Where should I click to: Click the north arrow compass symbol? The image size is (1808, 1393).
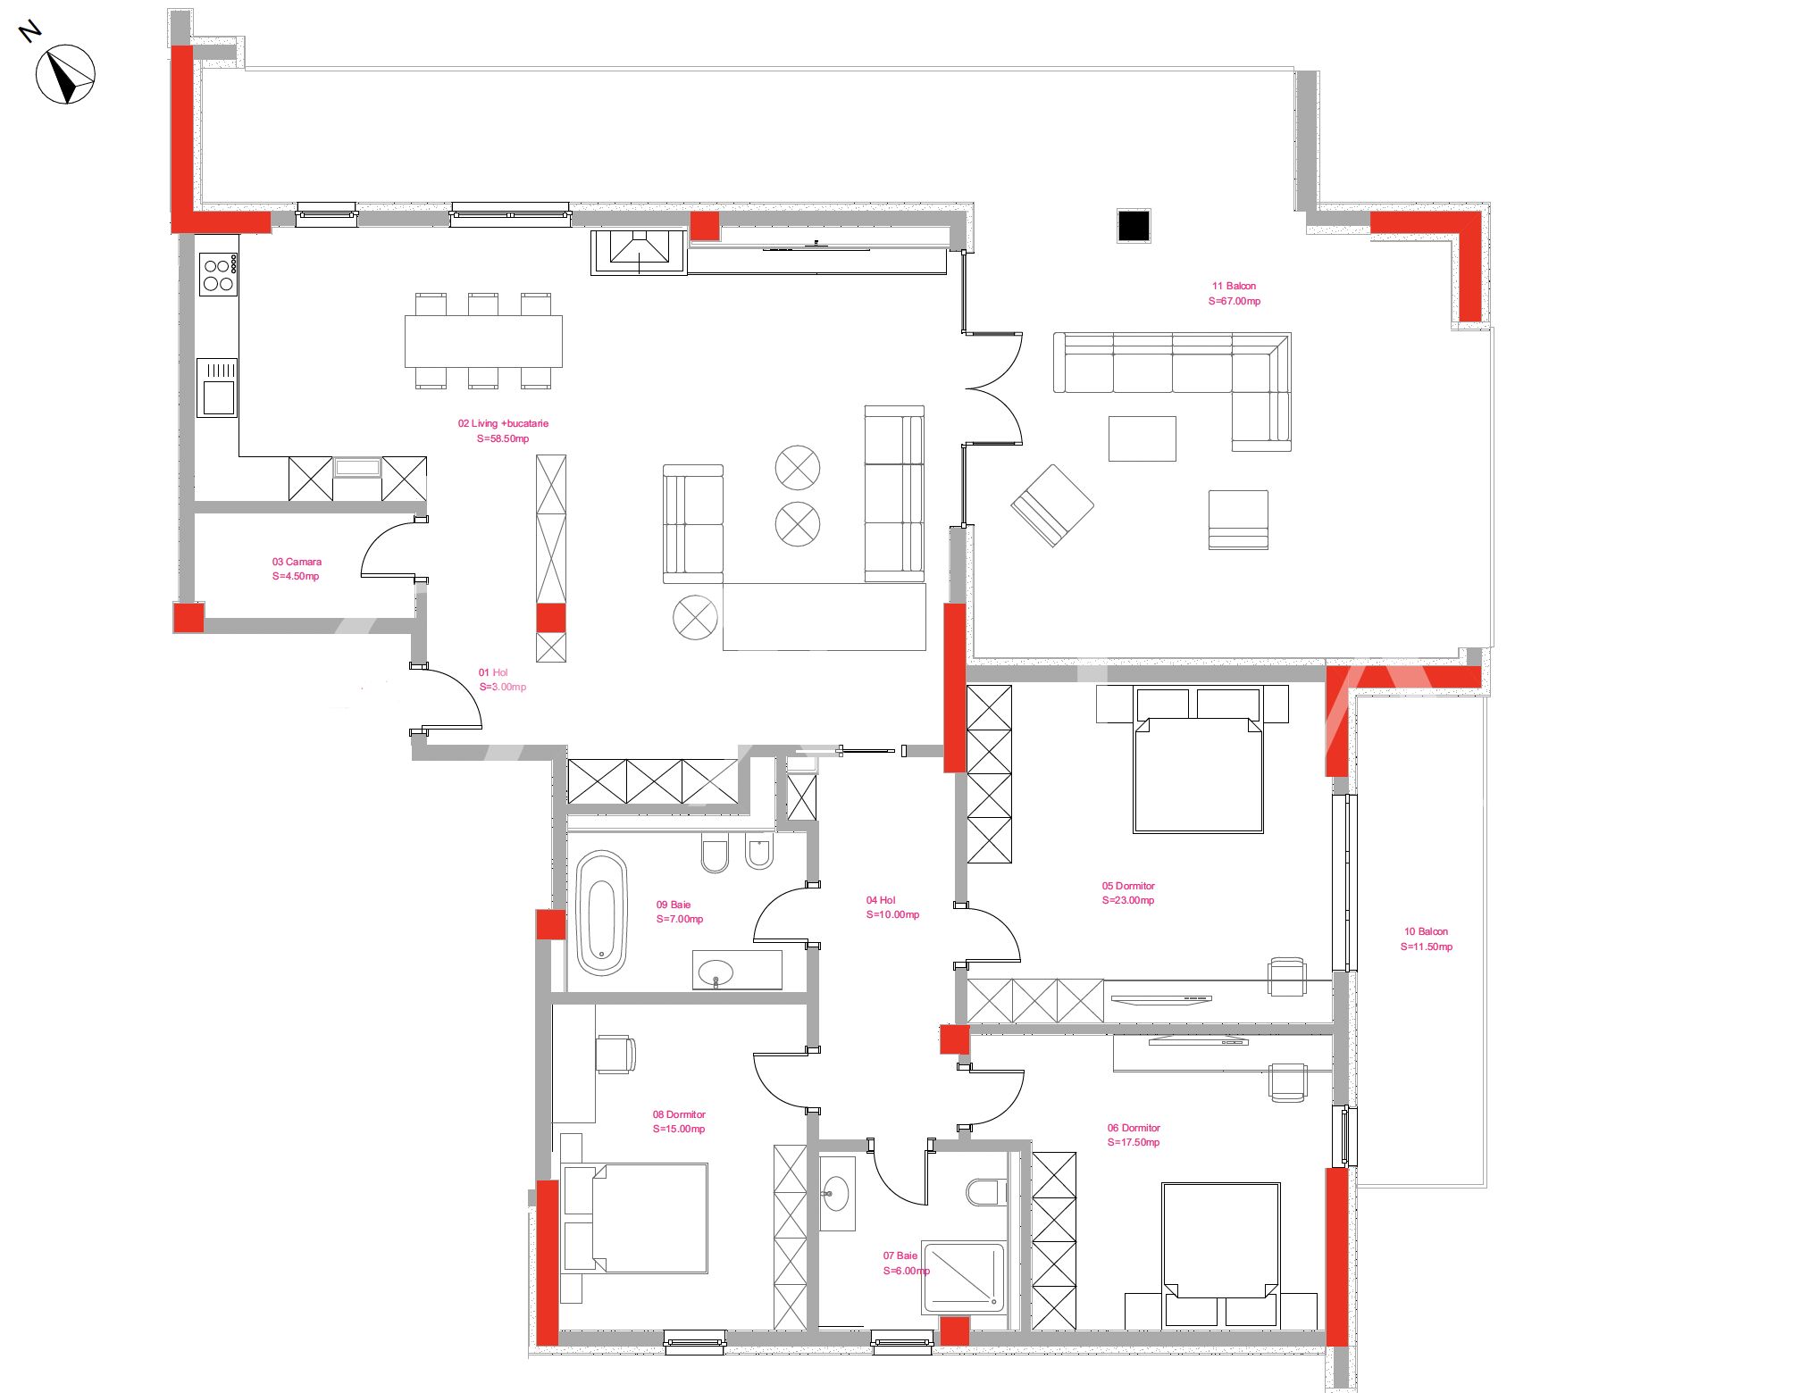point(65,74)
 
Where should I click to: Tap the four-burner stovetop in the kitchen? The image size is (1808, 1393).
point(218,274)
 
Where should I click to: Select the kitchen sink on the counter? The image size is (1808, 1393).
point(217,387)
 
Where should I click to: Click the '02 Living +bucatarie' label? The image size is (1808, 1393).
point(503,423)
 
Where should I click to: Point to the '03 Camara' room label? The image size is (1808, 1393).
point(297,562)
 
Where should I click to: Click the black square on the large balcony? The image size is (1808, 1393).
point(1133,226)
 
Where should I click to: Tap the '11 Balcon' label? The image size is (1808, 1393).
point(1234,286)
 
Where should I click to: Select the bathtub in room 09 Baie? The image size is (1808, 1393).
point(602,912)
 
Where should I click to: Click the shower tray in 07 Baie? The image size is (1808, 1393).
point(964,1278)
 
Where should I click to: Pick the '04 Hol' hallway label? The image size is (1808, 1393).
point(881,900)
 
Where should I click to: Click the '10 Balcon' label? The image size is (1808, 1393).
point(1426,931)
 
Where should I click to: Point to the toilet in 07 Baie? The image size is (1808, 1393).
point(986,1192)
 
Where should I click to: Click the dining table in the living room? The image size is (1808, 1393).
point(483,341)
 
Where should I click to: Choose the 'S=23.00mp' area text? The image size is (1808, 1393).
point(1128,900)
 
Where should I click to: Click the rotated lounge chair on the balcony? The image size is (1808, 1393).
point(1052,505)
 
